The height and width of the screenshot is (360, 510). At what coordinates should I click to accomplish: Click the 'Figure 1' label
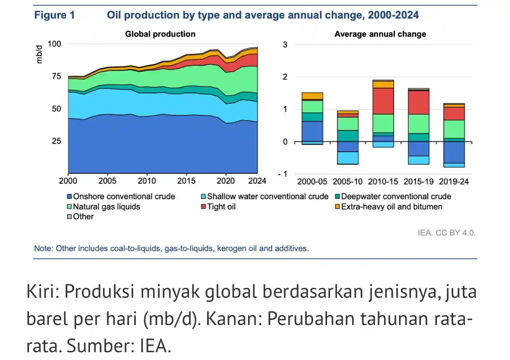pyautogui.click(x=54, y=16)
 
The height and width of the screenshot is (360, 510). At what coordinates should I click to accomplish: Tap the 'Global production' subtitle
pyautogui.click(x=160, y=34)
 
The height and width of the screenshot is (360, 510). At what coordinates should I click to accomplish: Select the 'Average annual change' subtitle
pyautogui.click(x=380, y=34)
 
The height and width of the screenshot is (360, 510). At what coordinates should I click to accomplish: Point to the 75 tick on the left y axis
pyautogui.click(x=56, y=76)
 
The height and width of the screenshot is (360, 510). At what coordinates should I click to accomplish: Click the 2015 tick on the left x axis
pyautogui.click(x=186, y=181)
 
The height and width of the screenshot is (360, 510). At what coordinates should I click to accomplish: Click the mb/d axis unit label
pyautogui.click(x=40, y=56)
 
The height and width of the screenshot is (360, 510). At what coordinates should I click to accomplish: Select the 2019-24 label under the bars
pyautogui.click(x=453, y=182)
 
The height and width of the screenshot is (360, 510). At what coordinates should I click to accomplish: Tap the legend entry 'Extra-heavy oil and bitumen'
pyautogui.click(x=391, y=207)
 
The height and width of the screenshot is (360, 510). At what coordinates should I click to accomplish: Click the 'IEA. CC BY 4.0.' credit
pyautogui.click(x=446, y=233)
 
